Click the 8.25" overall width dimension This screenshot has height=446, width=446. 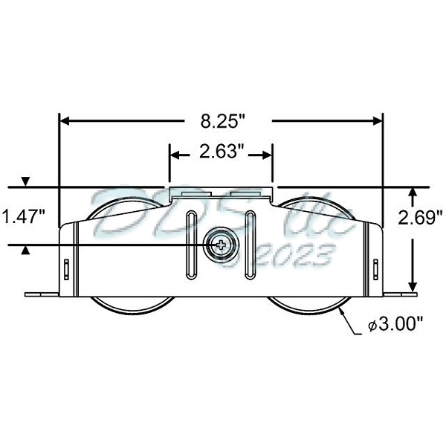tap(222, 120)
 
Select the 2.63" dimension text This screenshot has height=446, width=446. tap(222, 153)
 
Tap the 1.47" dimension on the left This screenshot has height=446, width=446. tap(24, 216)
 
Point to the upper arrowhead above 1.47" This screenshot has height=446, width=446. tap(27, 181)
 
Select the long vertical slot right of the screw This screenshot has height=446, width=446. tap(251, 245)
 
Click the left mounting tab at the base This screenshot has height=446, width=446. tap(42, 294)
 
